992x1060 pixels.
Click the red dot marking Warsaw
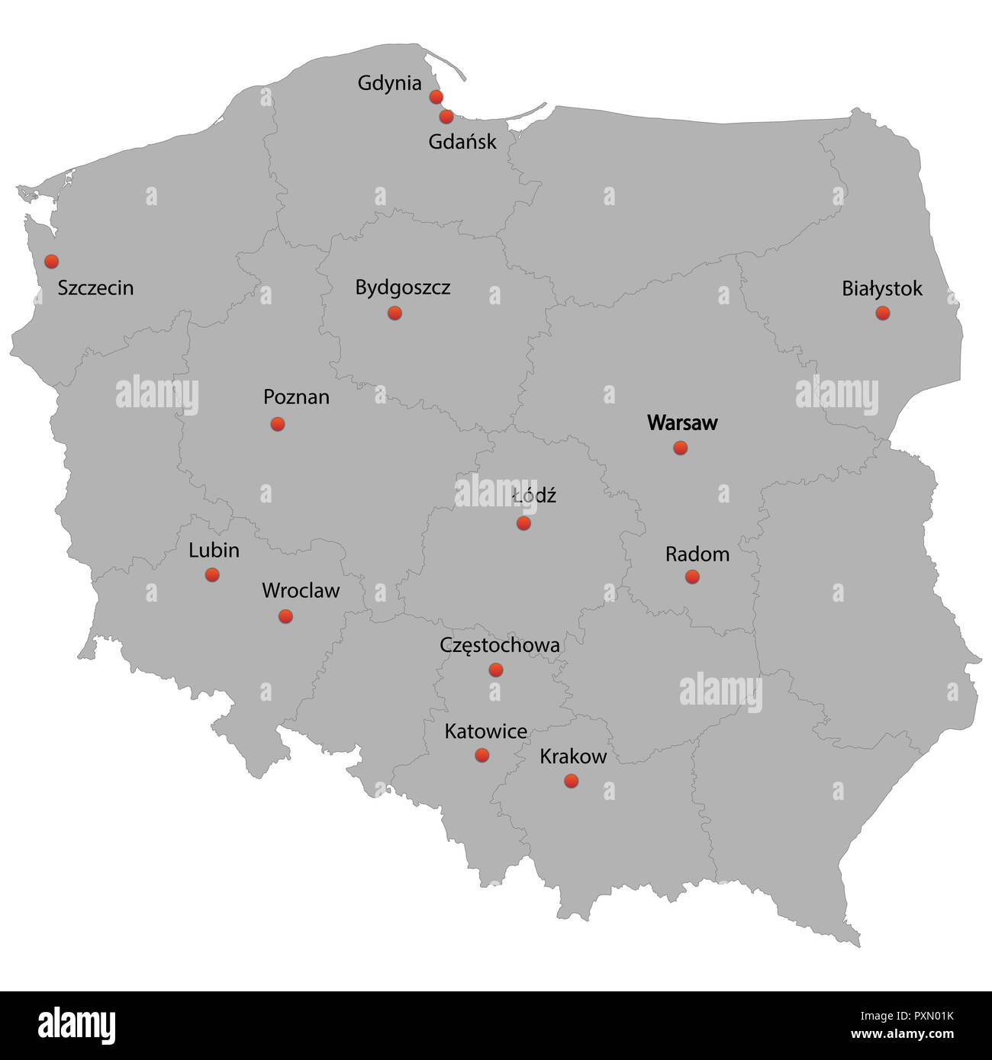coord(680,448)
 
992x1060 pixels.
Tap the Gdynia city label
coord(389,83)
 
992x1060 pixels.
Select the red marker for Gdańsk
coord(446,117)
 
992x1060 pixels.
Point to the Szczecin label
coord(95,288)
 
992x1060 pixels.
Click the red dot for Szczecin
coord(51,261)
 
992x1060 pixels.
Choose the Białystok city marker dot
coord(882,313)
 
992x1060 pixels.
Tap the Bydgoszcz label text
coord(402,287)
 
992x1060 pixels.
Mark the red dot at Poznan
coord(277,423)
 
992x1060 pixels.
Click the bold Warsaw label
coord(682,422)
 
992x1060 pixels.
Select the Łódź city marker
coord(523,523)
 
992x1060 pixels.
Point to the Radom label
coord(697,554)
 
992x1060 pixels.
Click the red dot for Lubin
coord(212,574)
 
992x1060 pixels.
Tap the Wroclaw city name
coord(301,590)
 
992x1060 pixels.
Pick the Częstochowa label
coord(499,645)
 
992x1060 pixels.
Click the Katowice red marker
coord(482,755)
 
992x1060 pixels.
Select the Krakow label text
coord(573,756)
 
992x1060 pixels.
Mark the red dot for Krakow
coord(571,780)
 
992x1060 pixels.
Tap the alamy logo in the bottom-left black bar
coord(76,1025)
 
